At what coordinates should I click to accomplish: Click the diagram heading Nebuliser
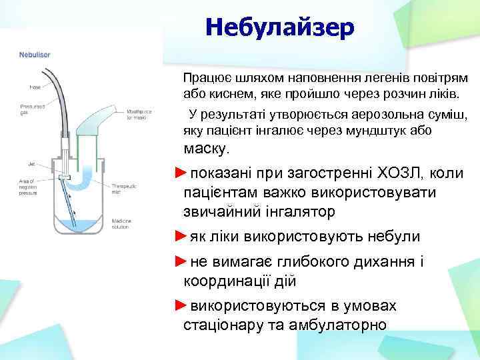33,54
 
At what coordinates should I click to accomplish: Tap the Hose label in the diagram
34,87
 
